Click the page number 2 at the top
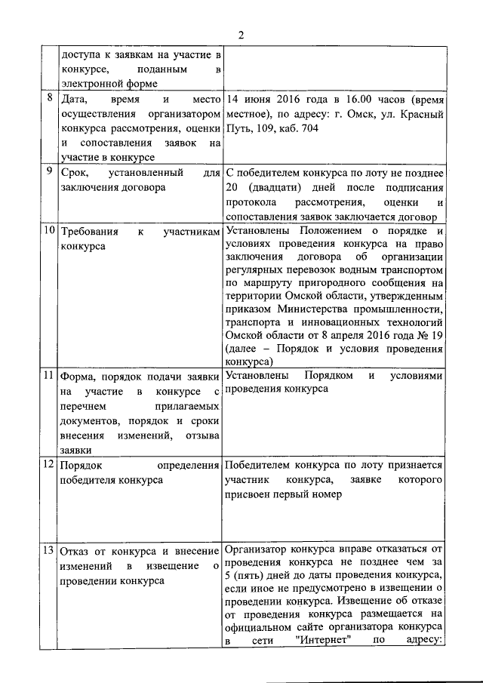tap(241, 35)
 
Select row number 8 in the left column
tap(49, 98)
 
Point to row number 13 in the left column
tap(49, 549)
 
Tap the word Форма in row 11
tap(76, 376)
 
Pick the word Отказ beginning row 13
tap(75, 550)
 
